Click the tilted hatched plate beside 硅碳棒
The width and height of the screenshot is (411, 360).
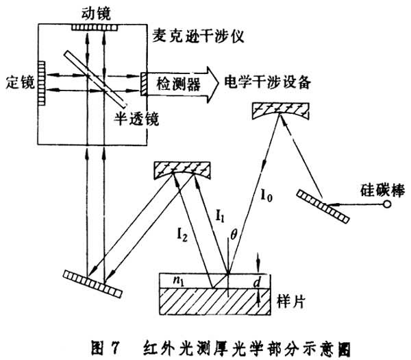click(x=324, y=206)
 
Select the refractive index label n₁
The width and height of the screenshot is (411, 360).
click(x=181, y=280)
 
